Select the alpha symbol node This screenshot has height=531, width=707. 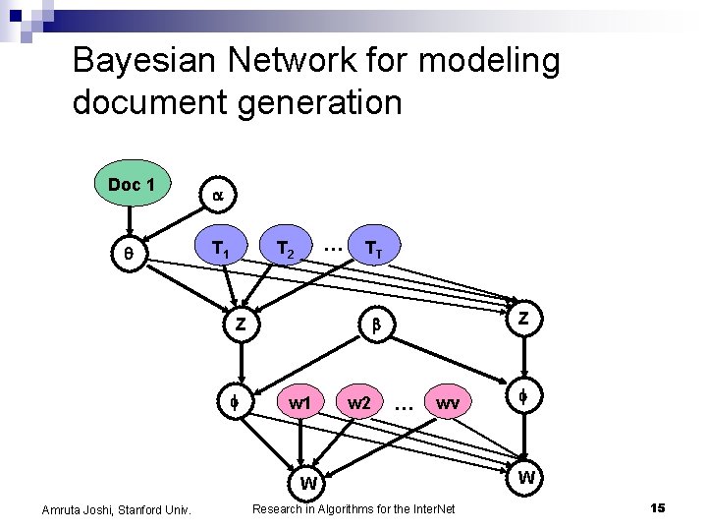pyautogui.click(x=217, y=196)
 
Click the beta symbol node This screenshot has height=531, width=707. pyautogui.click(x=374, y=323)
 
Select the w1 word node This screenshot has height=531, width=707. pyautogui.click(x=300, y=403)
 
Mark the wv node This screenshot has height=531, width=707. pyautogui.click(x=448, y=403)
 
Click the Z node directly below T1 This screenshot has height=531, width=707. pyautogui.click(x=240, y=323)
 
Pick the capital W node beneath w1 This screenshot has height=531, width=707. pyautogui.click(x=308, y=483)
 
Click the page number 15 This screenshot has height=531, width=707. pyautogui.click(x=658, y=507)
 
